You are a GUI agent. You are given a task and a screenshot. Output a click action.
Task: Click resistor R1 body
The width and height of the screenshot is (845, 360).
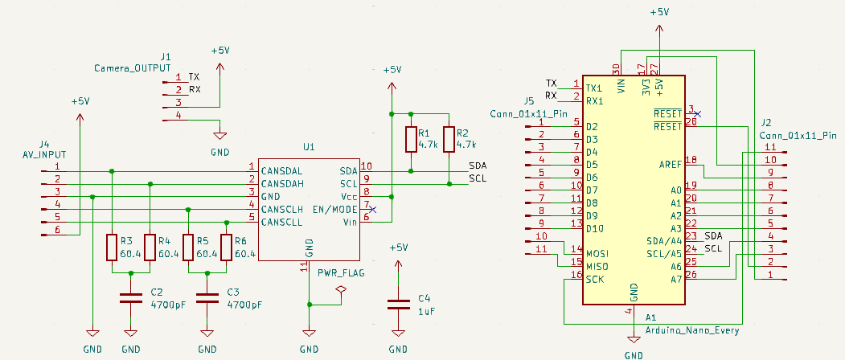[412, 139]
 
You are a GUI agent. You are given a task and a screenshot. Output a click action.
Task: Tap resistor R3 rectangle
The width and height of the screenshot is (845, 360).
[112, 247]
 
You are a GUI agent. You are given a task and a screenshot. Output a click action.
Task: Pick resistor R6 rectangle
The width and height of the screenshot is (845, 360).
[228, 247]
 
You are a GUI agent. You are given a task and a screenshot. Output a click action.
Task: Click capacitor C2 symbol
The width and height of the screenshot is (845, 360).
[131, 298]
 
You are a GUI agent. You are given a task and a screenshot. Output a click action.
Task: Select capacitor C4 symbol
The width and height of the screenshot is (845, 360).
[398, 305]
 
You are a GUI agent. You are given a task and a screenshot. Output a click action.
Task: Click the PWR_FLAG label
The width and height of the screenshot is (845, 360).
[341, 273]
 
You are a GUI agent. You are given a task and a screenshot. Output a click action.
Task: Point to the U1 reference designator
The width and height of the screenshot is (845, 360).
[309, 147]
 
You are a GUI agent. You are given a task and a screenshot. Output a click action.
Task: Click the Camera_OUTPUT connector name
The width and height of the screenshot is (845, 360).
[132, 69]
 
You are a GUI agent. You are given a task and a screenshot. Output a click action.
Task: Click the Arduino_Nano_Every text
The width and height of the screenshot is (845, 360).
[692, 330]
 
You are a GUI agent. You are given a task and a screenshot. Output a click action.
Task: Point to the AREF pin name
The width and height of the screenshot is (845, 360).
[669, 165]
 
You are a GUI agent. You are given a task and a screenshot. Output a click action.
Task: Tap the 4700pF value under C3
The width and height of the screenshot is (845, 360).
[245, 305]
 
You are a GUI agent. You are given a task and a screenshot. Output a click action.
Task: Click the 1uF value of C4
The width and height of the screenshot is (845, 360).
[428, 311]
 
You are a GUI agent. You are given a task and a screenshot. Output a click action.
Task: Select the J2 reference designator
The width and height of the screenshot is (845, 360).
[765, 123]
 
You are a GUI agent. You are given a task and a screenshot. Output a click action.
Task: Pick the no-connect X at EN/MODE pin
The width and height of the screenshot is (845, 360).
[371, 209]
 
